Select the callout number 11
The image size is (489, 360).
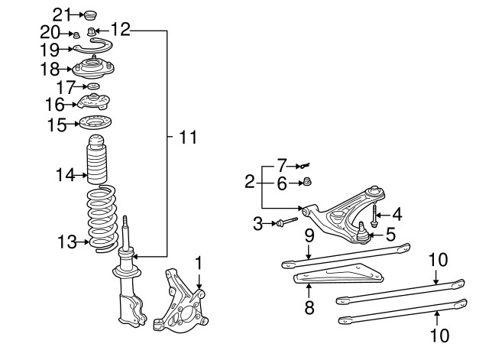pos(187,138)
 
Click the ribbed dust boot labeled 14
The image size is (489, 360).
pos(97,161)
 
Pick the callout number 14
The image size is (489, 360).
pos(64,176)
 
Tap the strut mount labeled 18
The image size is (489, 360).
pos(92,70)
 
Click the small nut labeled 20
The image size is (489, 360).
pos(76,34)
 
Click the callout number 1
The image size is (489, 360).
pos(199,262)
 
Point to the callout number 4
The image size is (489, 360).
pos(397,216)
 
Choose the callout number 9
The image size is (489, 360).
pos(308,237)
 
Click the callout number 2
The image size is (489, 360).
pos(249,182)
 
